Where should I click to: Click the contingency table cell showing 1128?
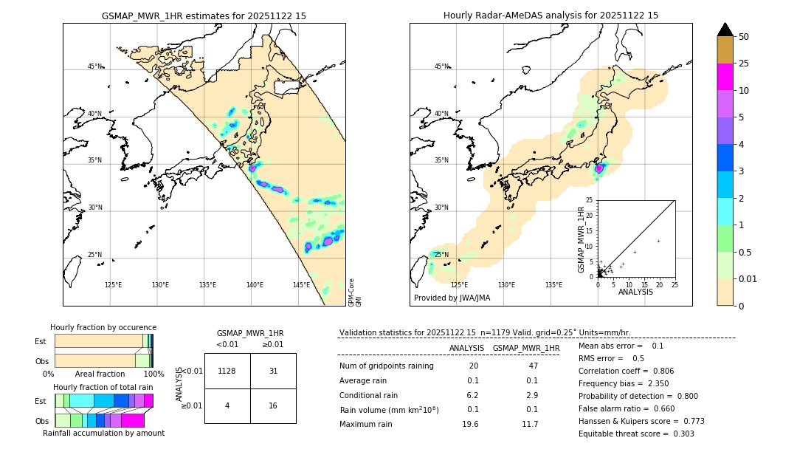227,371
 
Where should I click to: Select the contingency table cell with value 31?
273,371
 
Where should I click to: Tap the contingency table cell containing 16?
273,405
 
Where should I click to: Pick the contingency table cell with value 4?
227,405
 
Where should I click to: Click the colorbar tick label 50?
744,37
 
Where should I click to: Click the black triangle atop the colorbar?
725,30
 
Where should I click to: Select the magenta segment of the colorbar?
725,77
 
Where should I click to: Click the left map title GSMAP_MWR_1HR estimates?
204,16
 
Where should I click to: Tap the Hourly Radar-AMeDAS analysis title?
551,16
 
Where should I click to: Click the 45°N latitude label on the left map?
95,66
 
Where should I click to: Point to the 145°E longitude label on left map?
301,285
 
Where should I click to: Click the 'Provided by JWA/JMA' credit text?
452,298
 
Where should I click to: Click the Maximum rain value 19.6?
470,424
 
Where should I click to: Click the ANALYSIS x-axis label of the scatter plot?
636,292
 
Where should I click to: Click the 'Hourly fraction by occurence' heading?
103,327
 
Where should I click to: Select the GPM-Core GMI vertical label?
354,292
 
